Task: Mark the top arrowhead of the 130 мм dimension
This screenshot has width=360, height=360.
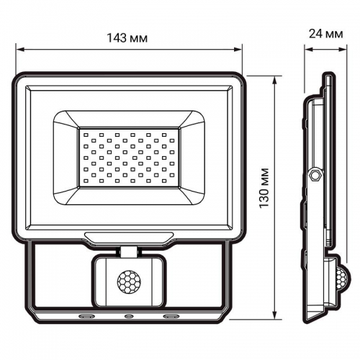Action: point(277,74)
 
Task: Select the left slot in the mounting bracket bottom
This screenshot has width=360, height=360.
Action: point(86,315)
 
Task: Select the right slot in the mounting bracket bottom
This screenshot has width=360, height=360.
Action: point(172,315)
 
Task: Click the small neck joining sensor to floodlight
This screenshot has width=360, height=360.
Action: point(129,251)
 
